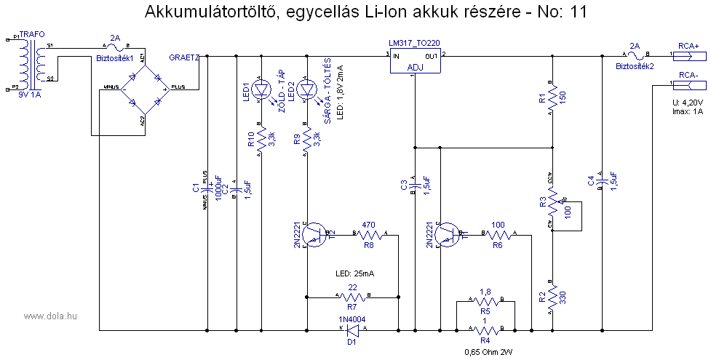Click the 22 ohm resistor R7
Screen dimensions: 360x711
(x=353, y=297)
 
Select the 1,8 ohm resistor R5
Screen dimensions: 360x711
(x=485, y=300)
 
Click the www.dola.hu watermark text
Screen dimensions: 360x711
(x=51, y=316)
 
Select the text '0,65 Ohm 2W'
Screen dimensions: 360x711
(x=487, y=351)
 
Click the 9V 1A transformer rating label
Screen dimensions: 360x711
(x=30, y=95)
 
